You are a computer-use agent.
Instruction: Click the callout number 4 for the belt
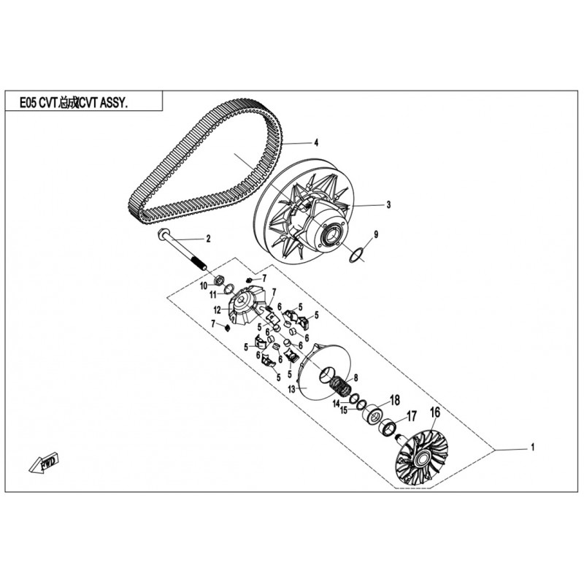(316, 142)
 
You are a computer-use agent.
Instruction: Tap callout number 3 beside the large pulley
(388, 204)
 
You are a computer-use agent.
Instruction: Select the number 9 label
(376, 234)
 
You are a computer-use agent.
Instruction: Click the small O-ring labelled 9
(356, 256)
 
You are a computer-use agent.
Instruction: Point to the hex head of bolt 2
(164, 234)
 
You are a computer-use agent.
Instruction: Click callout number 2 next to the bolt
(209, 239)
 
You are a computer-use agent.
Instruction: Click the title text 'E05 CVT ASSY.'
(74, 103)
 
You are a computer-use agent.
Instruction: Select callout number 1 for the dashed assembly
(533, 447)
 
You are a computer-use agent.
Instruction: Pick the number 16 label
(435, 412)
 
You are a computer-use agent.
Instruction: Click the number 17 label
(411, 416)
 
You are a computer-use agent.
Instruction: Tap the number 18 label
(395, 400)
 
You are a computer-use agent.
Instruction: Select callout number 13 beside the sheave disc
(291, 389)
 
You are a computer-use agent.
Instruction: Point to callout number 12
(218, 310)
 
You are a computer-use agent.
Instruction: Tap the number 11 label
(212, 295)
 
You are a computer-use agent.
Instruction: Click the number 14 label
(337, 404)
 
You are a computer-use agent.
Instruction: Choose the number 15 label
(344, 410)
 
